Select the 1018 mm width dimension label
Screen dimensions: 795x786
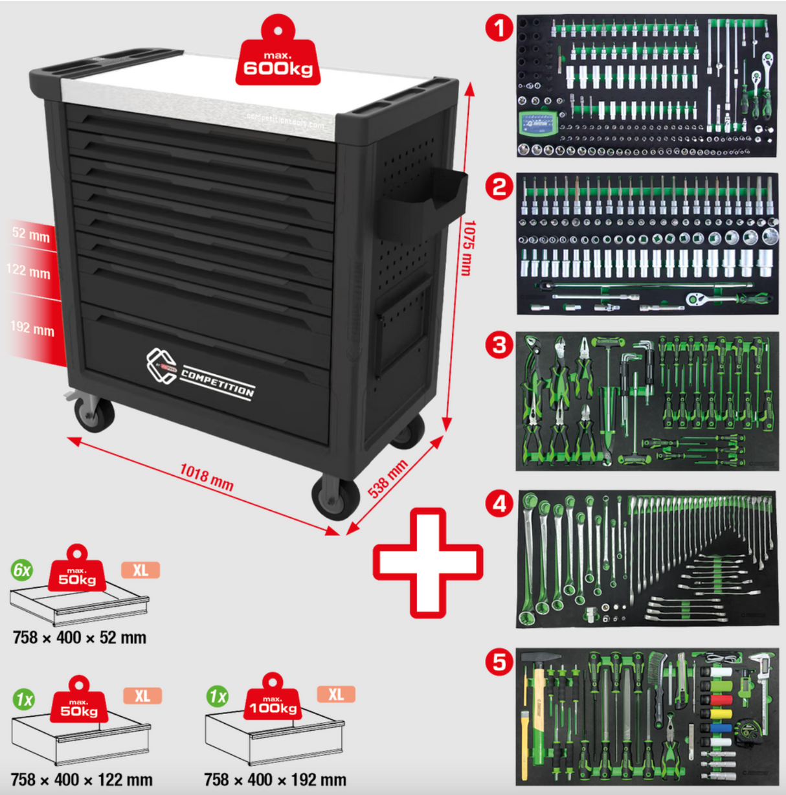[x=206, y=477]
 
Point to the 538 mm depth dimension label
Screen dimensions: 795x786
[x=388, y=478]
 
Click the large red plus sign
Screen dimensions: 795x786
[x=427, y=562]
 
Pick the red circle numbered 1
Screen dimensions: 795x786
[x=499, y=28]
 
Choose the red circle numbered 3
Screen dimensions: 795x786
[x=499, y=344]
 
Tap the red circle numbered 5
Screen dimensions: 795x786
[x=499, y=662]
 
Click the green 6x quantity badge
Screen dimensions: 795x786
[x=22, y=570]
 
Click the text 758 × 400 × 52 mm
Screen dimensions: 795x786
[x=80, y=638]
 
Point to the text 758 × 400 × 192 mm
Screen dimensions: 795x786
[x=275, y=779]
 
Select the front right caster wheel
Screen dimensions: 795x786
[x=336, y=497]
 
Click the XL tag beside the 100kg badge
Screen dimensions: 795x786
[x=335, y=695]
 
